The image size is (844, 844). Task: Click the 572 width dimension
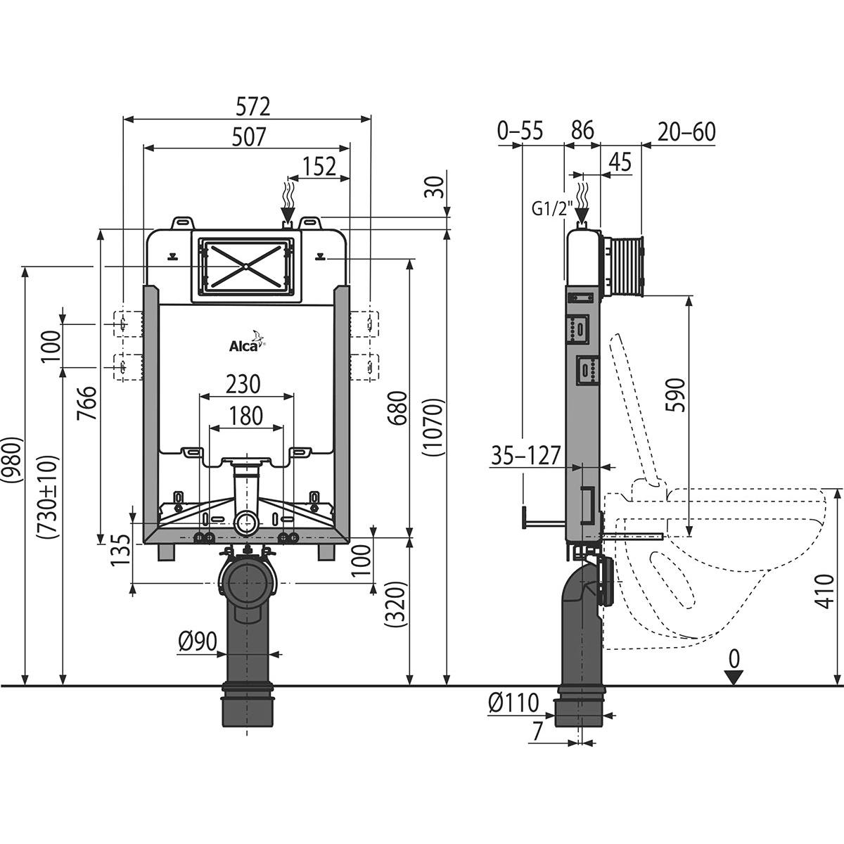pyautogui.click(x=252, y=106)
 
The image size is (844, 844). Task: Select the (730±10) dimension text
pyautogui.click(x=50, y=497)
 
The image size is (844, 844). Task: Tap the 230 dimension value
pyautogui.click(x=243, y=384)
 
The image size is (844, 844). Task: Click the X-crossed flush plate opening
pyautogui.click(x=245, y=266)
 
